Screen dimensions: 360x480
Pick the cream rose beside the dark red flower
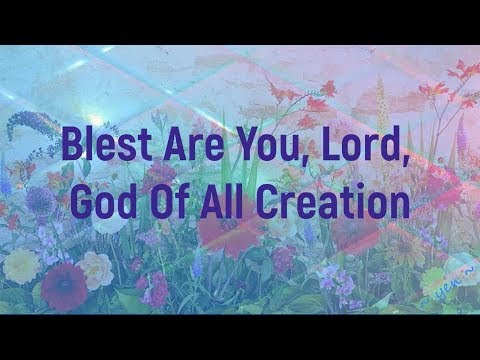tap(97, 268)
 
